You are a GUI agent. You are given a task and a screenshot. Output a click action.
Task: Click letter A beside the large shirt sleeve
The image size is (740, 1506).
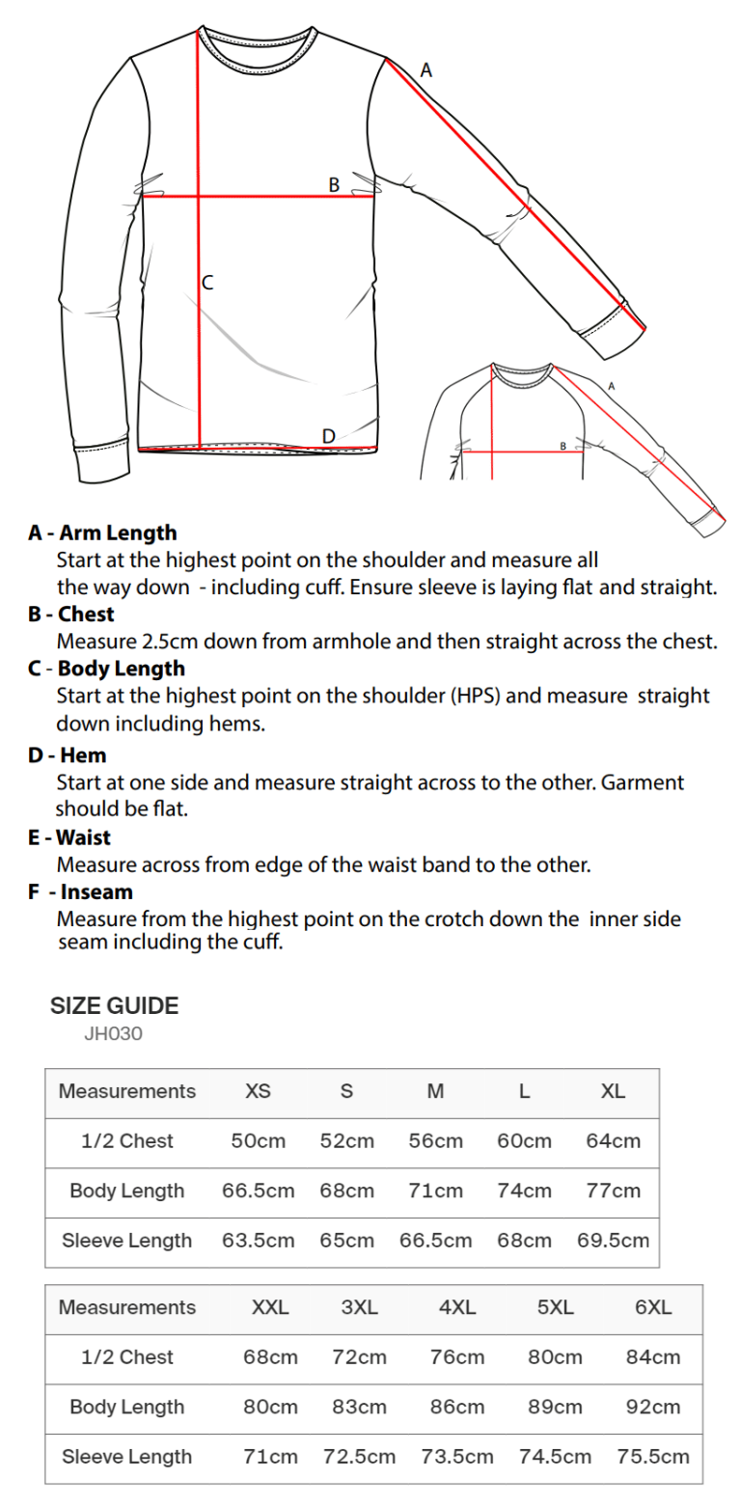point(426,69)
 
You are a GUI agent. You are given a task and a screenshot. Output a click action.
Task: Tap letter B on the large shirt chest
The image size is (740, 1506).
point(334,184)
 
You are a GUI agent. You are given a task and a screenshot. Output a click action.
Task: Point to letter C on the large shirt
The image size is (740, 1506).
point(207,284)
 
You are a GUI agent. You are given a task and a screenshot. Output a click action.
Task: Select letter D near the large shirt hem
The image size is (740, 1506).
point(328,436)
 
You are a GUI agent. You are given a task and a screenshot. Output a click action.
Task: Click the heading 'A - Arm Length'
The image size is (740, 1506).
point(102,533)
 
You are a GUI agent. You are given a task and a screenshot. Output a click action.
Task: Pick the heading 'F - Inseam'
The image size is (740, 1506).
point(81,891)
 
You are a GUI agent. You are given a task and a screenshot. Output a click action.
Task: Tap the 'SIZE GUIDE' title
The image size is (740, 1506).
point(114,1006)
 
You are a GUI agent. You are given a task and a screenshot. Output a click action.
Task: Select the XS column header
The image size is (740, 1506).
point(258,1091)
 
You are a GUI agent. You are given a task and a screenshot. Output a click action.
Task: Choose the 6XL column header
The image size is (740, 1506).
point(653,1307)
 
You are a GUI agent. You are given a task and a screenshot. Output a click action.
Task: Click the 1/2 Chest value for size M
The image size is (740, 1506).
point(435,1141)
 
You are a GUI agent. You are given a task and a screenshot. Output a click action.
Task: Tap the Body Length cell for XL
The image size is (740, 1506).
point(613,1191)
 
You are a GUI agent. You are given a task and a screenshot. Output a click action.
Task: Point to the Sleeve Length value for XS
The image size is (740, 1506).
point(258,1241)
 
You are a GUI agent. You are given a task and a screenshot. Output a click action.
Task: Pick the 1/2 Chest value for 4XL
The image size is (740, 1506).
point(457,1357)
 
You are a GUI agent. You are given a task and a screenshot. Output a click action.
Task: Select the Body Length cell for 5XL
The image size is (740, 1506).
point(555,1407)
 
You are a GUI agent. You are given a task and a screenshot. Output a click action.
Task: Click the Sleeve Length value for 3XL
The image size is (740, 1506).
point(359,1457)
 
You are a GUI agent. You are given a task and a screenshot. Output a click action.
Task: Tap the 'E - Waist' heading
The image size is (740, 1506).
point(69,837)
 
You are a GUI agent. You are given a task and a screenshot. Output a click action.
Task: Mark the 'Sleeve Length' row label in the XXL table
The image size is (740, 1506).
point(126,1457)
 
